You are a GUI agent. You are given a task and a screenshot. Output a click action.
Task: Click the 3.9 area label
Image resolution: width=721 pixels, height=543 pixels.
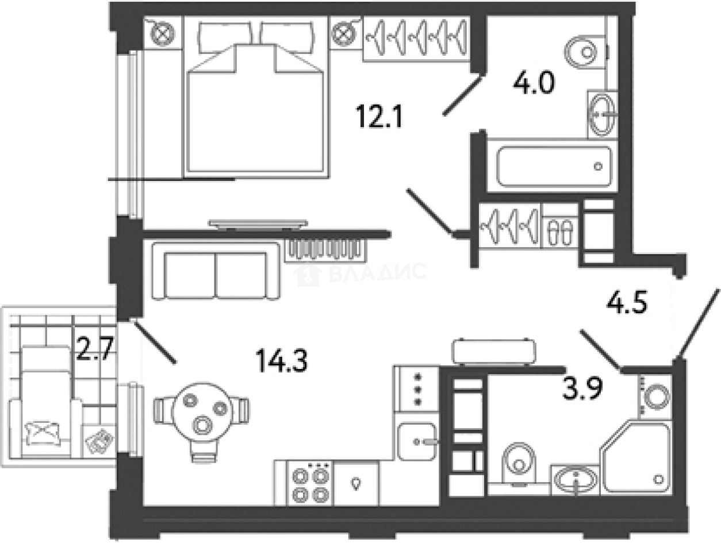pos(582,390)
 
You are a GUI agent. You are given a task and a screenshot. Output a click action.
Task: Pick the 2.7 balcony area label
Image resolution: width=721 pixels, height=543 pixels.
pos(96,349)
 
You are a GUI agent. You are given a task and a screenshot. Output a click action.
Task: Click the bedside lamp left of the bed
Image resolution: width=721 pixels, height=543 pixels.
pos(162,33)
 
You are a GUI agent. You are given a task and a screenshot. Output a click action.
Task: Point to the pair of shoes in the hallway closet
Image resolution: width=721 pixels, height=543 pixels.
pos(558,233)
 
